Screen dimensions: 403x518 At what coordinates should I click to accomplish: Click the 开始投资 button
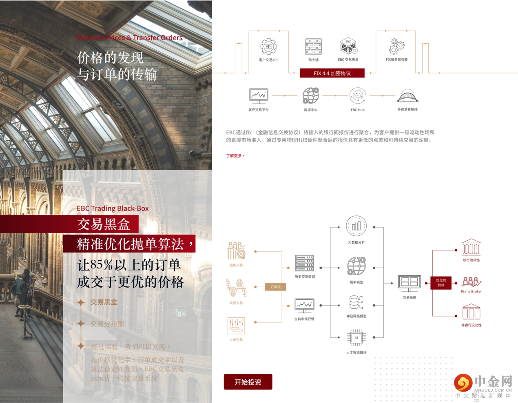point(248,382)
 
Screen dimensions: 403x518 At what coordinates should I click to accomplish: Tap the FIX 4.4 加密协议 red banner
point(332,73)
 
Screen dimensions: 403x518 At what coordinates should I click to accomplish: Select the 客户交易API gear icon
point(268,46)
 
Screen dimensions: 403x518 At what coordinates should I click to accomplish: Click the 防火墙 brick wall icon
point(313,46)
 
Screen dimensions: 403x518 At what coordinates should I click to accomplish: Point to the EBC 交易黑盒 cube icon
point(348,46)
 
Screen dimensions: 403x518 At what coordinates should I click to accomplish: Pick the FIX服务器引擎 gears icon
point(396,46)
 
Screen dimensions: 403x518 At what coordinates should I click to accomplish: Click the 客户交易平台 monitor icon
point(259,96)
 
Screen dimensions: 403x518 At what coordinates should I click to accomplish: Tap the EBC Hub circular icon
point(358,96)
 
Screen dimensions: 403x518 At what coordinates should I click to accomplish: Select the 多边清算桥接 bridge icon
point(407,96)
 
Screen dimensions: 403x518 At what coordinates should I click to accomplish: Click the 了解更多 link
point(235,156)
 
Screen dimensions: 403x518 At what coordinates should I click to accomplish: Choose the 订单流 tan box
point(276,287)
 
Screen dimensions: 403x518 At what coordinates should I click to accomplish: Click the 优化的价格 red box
point(441,283)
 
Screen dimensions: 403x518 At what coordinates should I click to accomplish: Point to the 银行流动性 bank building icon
point(471,247)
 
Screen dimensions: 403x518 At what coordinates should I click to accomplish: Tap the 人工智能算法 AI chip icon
point(356,338)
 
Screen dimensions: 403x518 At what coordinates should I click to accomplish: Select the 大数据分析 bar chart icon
point(356,226)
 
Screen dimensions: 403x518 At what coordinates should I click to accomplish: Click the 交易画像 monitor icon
point(409,283)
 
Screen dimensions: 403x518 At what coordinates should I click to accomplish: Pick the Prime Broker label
point(472,292)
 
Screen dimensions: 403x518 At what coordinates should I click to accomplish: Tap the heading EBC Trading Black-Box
point(113,208)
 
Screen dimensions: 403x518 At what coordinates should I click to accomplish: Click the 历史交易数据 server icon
point(305,263)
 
